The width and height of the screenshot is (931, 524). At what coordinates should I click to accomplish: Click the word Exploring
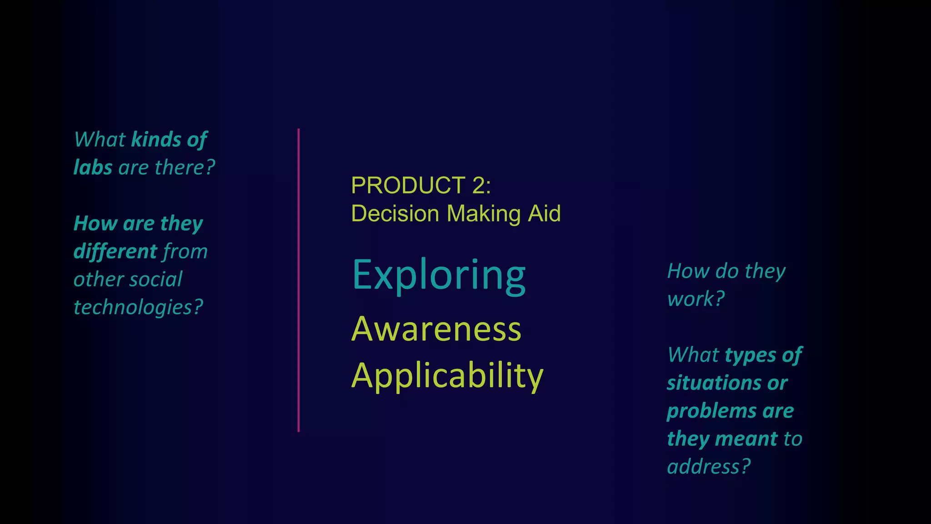click(439, 276)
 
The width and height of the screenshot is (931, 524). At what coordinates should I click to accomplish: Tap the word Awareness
click(436, 329)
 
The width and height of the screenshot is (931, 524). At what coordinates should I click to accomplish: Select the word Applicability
click(447, 376)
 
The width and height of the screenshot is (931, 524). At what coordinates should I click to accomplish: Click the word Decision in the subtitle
click(395, 214)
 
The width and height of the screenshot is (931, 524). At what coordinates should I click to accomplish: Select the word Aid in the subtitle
click(544, 214)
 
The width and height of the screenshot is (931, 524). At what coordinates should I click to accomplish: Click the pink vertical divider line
click(299, 280)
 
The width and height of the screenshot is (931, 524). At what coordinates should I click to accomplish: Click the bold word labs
click(93, 167)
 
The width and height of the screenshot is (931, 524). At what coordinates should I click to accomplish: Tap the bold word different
click(115, 252)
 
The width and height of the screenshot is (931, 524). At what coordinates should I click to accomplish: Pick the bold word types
click(750, 355)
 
